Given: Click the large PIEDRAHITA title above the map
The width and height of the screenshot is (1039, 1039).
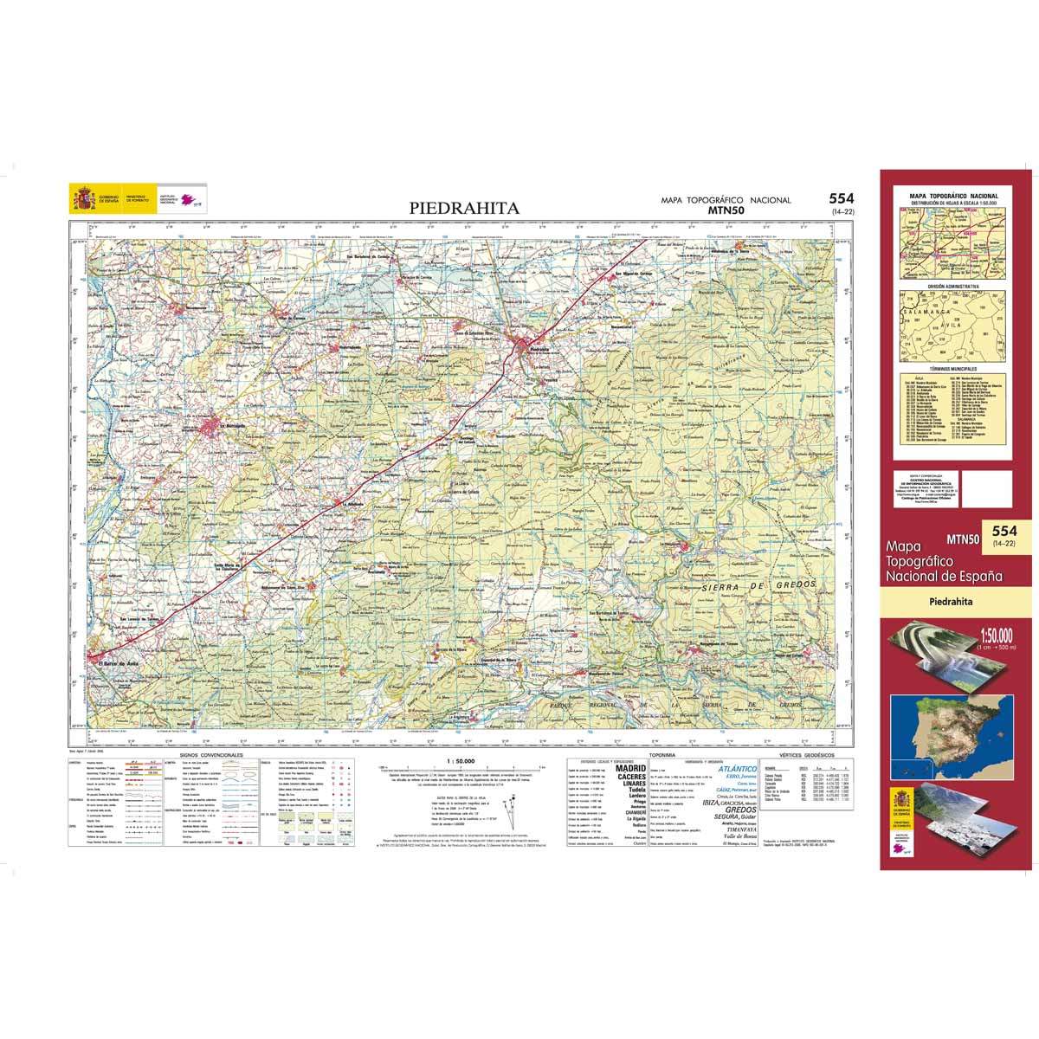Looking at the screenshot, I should pyautogui.click(x=464, y=208).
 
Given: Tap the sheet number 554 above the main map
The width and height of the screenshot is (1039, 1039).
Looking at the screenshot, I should pyautogui.click(x=841, y=199).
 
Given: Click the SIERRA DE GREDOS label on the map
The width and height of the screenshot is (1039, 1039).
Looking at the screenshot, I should pyautogui.click(x=756, y=590).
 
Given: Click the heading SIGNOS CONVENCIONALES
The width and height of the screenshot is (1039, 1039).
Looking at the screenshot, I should pyautogui.click(x=211, y=755).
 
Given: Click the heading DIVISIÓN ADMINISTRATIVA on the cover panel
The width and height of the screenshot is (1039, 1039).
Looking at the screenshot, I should pyautogui.click(x=952, y=286).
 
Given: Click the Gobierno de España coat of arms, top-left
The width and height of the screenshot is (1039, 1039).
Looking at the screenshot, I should pyautogui.click(x=84, y=200).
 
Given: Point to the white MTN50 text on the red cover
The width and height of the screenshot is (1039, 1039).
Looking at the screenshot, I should pyautogui.click(x=963, y=539).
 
